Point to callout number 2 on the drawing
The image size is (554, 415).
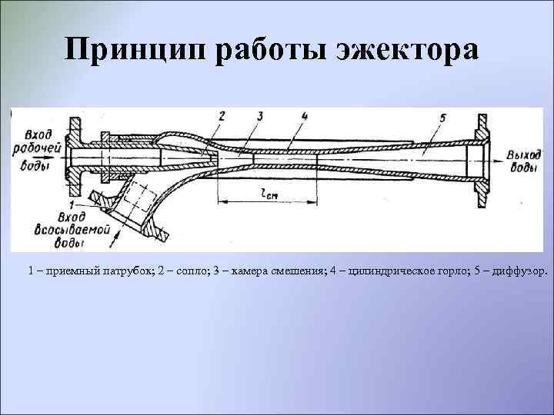[222, 117]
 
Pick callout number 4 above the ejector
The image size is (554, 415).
[305, 117]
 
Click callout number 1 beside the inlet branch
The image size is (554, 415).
[72, 206]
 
